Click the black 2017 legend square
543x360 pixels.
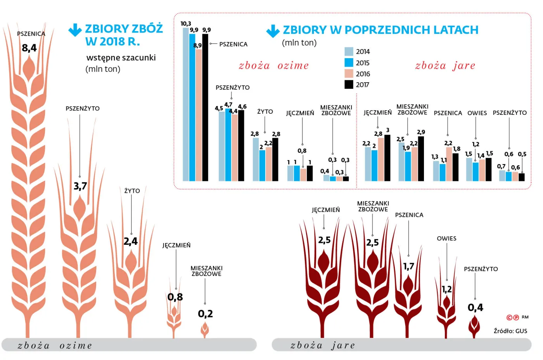349,85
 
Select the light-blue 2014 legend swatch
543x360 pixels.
349,52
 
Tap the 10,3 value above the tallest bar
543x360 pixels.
186,24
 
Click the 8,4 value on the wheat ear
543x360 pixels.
29,48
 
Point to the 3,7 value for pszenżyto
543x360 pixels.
80,186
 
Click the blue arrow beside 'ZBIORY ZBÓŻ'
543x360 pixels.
75,30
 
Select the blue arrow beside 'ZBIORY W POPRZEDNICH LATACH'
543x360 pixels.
273,31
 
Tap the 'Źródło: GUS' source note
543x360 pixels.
510,331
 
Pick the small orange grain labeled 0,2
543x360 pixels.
205,330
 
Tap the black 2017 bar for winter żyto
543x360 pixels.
275,159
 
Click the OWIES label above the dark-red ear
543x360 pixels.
446,239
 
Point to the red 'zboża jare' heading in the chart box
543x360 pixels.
445,66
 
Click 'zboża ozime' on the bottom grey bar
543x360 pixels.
55,345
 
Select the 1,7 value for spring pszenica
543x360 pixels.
408,267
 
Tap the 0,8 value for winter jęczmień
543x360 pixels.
175,297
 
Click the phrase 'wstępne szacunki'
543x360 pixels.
121,58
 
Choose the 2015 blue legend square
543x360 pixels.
349,62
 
